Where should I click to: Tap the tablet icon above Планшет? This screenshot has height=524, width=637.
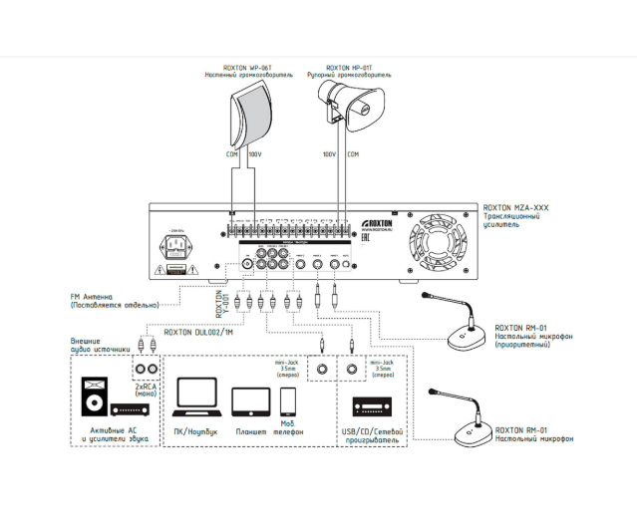250,401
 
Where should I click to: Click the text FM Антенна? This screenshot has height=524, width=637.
98,296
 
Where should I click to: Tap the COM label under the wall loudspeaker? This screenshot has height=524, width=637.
231,154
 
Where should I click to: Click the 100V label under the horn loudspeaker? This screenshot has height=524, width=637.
328,154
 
